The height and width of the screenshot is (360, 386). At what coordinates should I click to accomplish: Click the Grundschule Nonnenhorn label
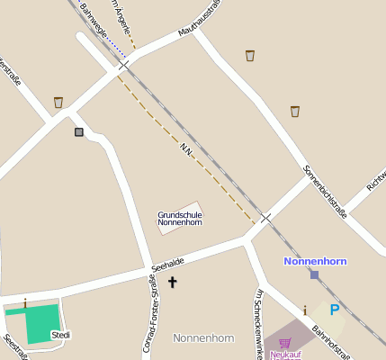click(180, 219)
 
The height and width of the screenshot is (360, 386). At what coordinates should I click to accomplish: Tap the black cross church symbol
click(172, 283)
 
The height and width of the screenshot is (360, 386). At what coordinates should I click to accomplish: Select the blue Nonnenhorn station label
click(315, 261)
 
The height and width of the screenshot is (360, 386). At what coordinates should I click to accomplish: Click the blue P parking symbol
click(335, 310)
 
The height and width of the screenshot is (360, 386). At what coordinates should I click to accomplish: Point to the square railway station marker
click(314, 274)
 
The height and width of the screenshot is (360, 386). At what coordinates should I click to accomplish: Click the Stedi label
click(60, 335)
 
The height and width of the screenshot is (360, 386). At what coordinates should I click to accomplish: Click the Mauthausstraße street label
click(200, 20)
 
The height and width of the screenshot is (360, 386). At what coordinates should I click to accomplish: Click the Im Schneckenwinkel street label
click(260, 324)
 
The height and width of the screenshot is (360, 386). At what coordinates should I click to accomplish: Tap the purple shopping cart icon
click(285, 343)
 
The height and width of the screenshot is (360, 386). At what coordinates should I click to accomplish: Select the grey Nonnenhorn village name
click(203, 338)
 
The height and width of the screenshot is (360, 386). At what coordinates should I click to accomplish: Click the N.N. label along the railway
click(186, 148)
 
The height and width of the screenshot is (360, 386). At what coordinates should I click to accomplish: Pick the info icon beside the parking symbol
click(305, 310)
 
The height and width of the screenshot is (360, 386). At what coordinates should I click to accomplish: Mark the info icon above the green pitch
click(25, 303)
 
